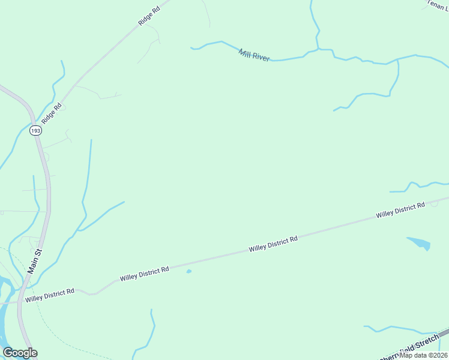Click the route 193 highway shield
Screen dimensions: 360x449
click(36, 130)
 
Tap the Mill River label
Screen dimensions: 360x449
click(254, 55)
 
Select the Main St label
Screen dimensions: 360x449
click(35, 262)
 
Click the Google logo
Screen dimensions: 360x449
click(20, 353)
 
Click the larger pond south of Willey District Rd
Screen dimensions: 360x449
click(420, 243)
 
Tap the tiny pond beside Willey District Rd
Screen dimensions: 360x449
click(188, 271)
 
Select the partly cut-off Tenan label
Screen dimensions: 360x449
click(437, 4)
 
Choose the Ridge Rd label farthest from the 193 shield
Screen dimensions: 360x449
click(149, 15)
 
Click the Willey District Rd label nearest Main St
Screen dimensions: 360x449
click(50, 295)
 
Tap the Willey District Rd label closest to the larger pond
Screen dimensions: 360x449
click(400, 209)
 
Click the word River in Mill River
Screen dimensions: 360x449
click(262, 57)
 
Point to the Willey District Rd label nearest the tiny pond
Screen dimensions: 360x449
click(144, 274)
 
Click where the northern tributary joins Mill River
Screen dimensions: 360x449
click(318, 49)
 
